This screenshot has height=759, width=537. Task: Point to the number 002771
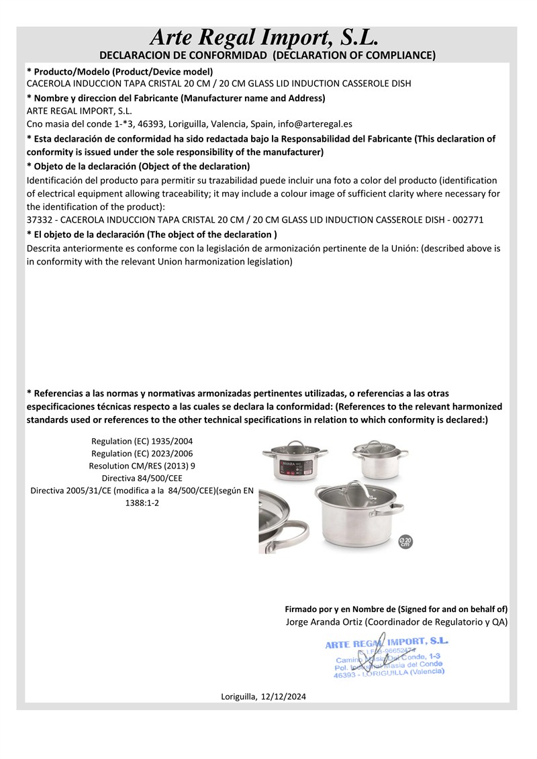[469, 220]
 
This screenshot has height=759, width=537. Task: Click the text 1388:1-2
[142, 503]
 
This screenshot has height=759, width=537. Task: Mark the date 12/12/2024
[284, 697]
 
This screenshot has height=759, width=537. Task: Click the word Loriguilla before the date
[238, 697]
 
